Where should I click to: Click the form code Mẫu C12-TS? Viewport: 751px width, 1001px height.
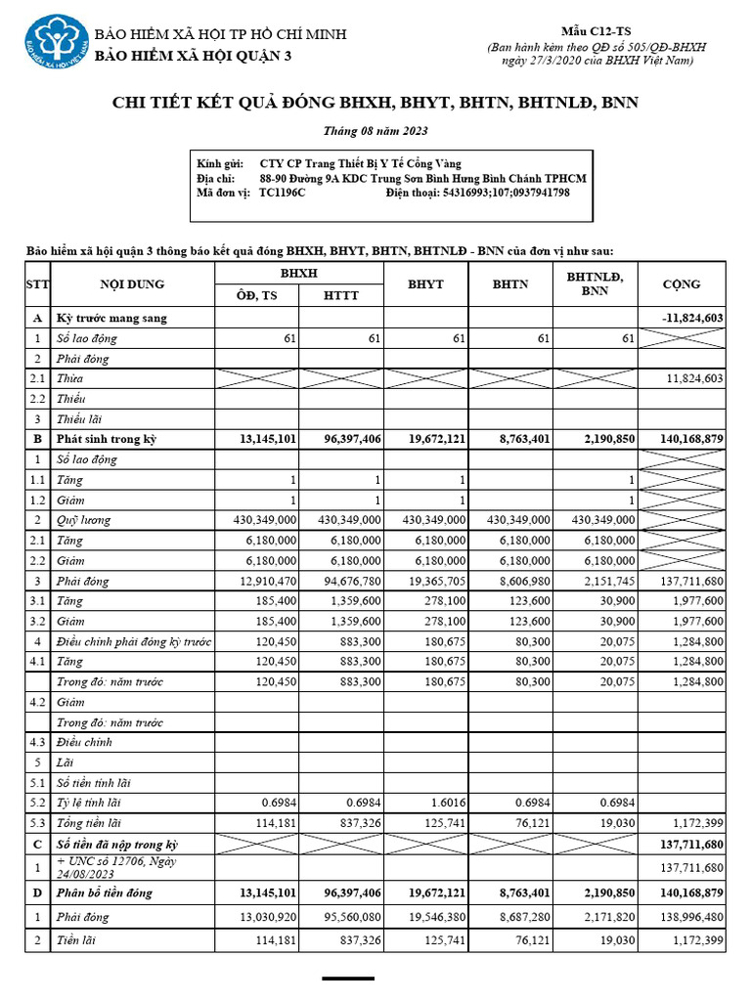(x=596, y=32)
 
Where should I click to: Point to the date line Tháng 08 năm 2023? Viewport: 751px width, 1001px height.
(x=375, y=131)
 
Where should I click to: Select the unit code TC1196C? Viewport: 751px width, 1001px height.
(x=283, y=193)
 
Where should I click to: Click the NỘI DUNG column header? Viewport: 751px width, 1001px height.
(x=132, y=284)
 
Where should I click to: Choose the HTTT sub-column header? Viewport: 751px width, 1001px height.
(x=340, y=296)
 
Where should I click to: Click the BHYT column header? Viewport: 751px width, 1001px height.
(x=425, y=284)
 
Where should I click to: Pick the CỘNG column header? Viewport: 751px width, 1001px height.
(x=682, y=284)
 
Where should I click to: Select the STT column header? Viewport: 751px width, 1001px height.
(x=38, y=284)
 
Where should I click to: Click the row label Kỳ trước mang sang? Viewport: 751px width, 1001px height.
(x=111, y=318)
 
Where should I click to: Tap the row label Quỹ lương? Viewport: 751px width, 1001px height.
(x=83, y=520)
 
